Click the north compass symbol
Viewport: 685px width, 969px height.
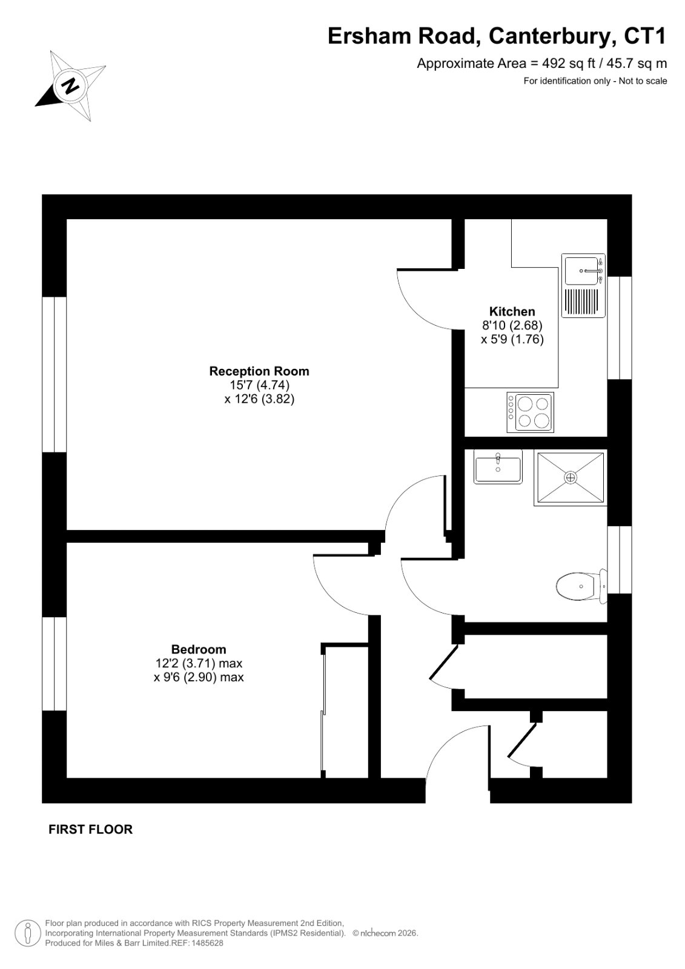tap(70, 85)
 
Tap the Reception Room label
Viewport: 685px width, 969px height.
tap(259, 371)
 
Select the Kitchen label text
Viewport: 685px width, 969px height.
tap(512, 311)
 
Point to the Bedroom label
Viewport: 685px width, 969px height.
tap(199, 649)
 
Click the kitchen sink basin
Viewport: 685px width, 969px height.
tap(581, 271)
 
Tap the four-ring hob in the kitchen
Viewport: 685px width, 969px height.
tap(530, 412)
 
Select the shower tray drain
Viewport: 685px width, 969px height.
tap(571, 478)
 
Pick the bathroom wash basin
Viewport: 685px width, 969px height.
tap(498, 467)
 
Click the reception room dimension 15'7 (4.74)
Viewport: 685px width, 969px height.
tap(259, 385)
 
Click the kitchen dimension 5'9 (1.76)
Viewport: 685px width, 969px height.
tap(516, 339)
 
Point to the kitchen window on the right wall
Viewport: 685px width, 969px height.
tap(619, 328)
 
